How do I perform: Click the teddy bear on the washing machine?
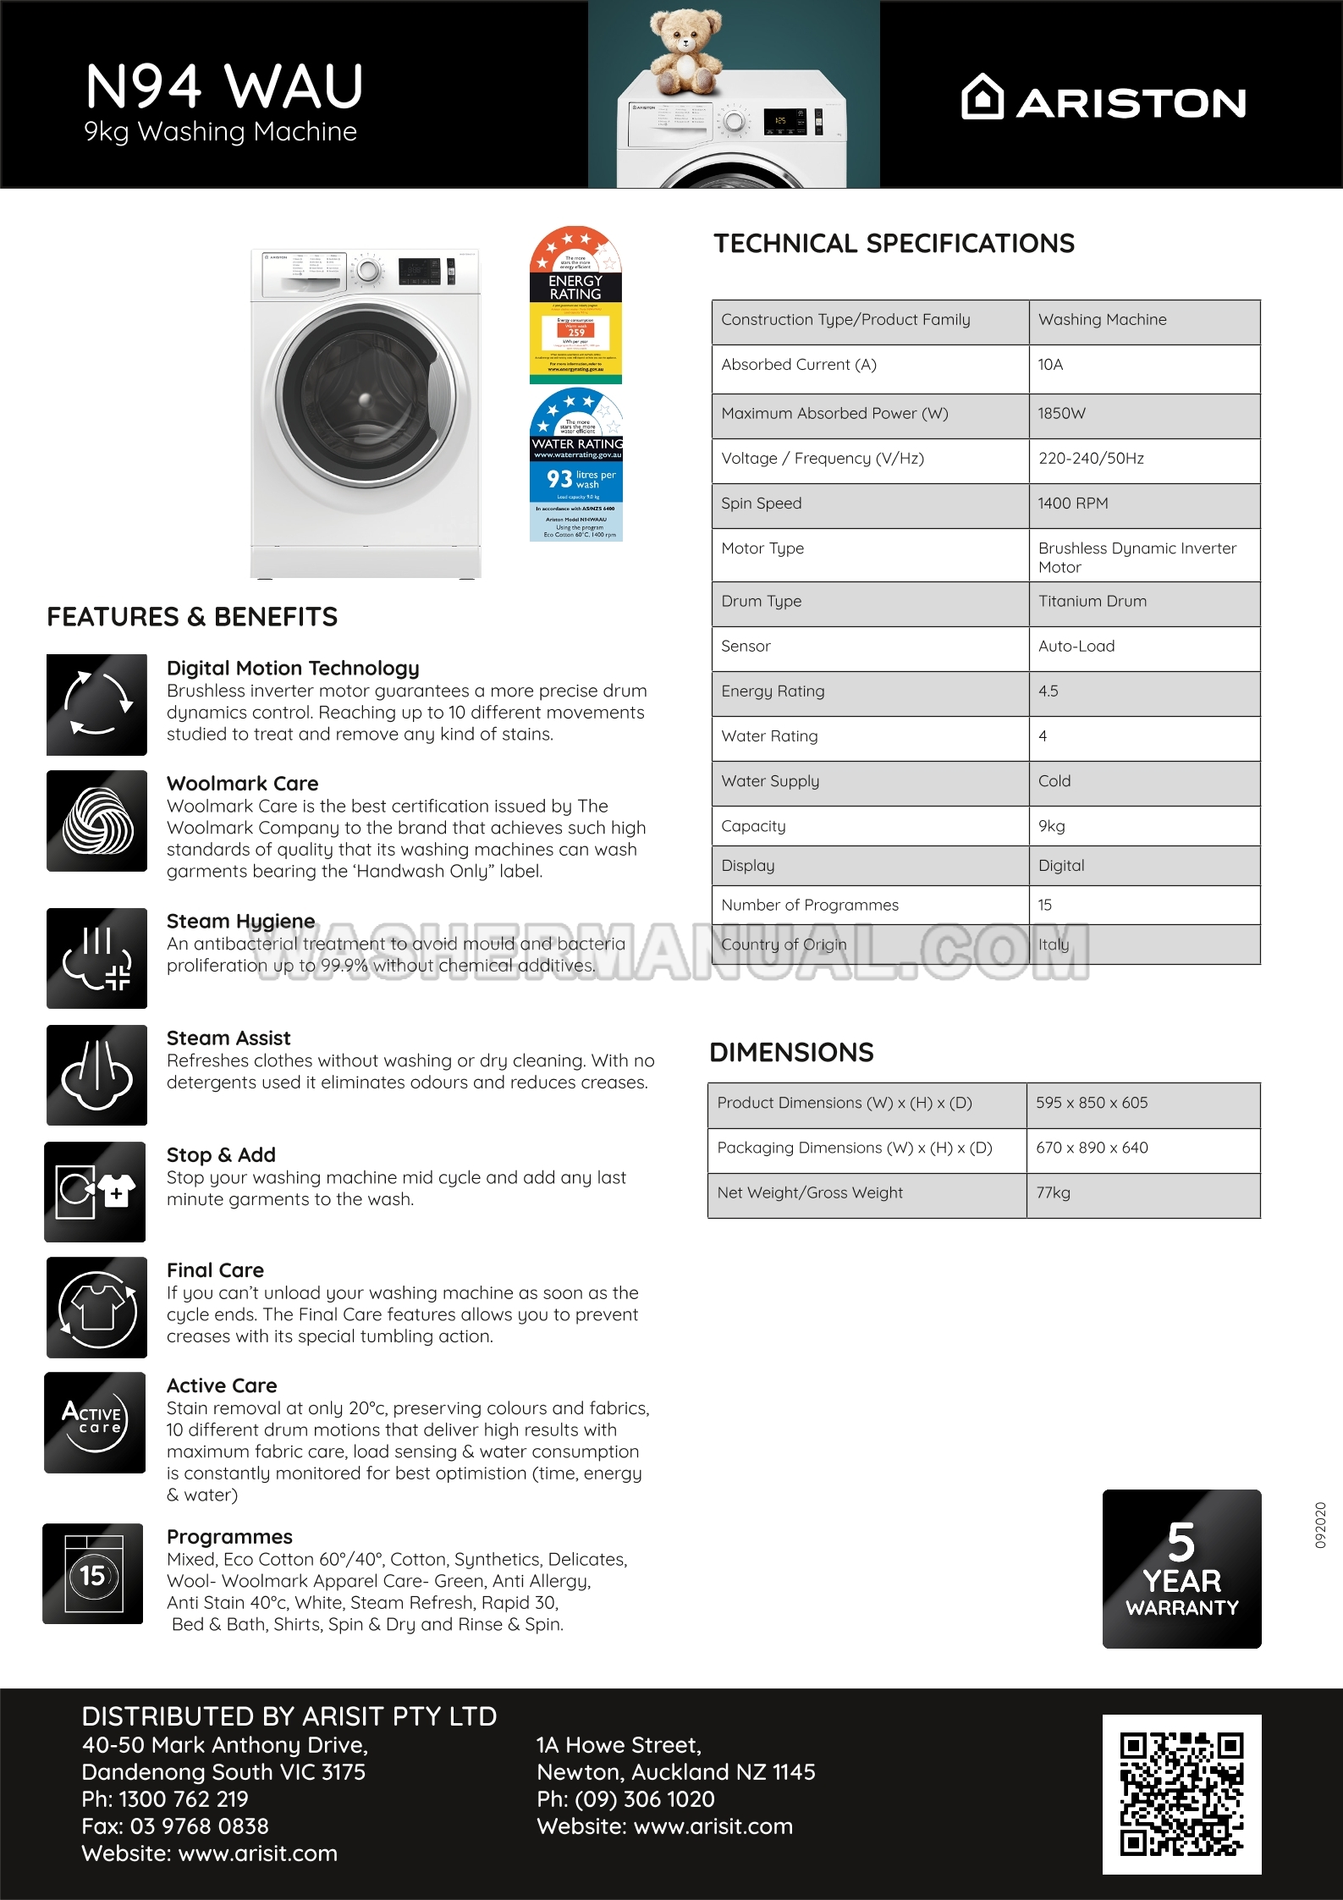pyautogui.click(x=685, y=51)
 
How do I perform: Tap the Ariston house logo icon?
pyautogui.click(x=982, y=97)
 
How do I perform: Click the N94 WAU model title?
pyautogui.click(x=224, y=86)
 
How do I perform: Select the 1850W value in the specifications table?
pyautogui.click(x=1061, y=414)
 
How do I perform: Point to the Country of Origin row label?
pyautogui.click(x=784, y=944)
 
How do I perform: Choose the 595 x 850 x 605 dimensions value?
pyautogui.click(x=1092, y=1103)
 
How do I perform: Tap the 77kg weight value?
pyautogui.click(x=1053, y=1192)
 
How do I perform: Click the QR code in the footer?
pyautogui.click(x=1181, y=1794)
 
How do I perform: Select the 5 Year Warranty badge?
pyautogui.click(x=1181, y=1568)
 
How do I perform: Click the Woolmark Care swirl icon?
pyautogui.click(x=97, y=821)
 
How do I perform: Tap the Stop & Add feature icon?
pyautogui.click(x=95, y=1192)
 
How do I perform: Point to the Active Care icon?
pyautogui.click(x=95, y=1423)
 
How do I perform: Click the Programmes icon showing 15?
pyautogui.click(x=93, y=1574)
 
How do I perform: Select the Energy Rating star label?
pyautogui.click(x=575, y=305)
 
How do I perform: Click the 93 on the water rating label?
pyautogui.click(x=559, y=479)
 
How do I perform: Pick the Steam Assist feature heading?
pyautogui.click(x=228, y=1038)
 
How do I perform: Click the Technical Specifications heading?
pyautogui.click(x=894, y=244)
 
